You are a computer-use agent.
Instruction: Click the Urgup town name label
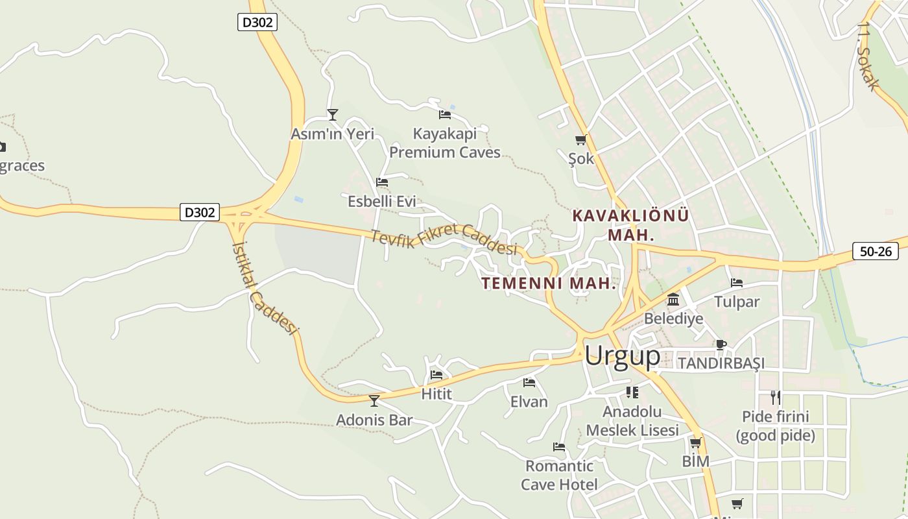622,356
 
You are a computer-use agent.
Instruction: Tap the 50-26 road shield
875,251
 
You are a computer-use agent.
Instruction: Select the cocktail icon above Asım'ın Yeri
333,115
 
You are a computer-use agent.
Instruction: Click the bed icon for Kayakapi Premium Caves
444,115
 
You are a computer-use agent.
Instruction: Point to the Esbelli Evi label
381,201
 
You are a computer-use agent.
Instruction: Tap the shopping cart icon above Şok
580,139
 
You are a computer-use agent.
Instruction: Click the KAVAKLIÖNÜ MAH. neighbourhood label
630,224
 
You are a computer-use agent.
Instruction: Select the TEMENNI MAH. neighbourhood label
548,284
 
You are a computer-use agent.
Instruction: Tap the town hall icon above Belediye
673,300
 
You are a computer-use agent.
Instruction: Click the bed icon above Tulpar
736,283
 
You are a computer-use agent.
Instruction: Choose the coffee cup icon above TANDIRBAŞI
721,344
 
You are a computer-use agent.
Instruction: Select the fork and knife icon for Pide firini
775,397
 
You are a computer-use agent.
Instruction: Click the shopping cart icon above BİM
695,443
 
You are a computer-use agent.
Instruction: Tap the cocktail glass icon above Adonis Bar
374,401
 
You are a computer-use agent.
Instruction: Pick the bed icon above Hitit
436,375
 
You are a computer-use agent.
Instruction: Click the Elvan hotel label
529,402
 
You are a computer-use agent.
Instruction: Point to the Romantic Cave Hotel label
559,475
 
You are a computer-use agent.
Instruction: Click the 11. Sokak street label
867,56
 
